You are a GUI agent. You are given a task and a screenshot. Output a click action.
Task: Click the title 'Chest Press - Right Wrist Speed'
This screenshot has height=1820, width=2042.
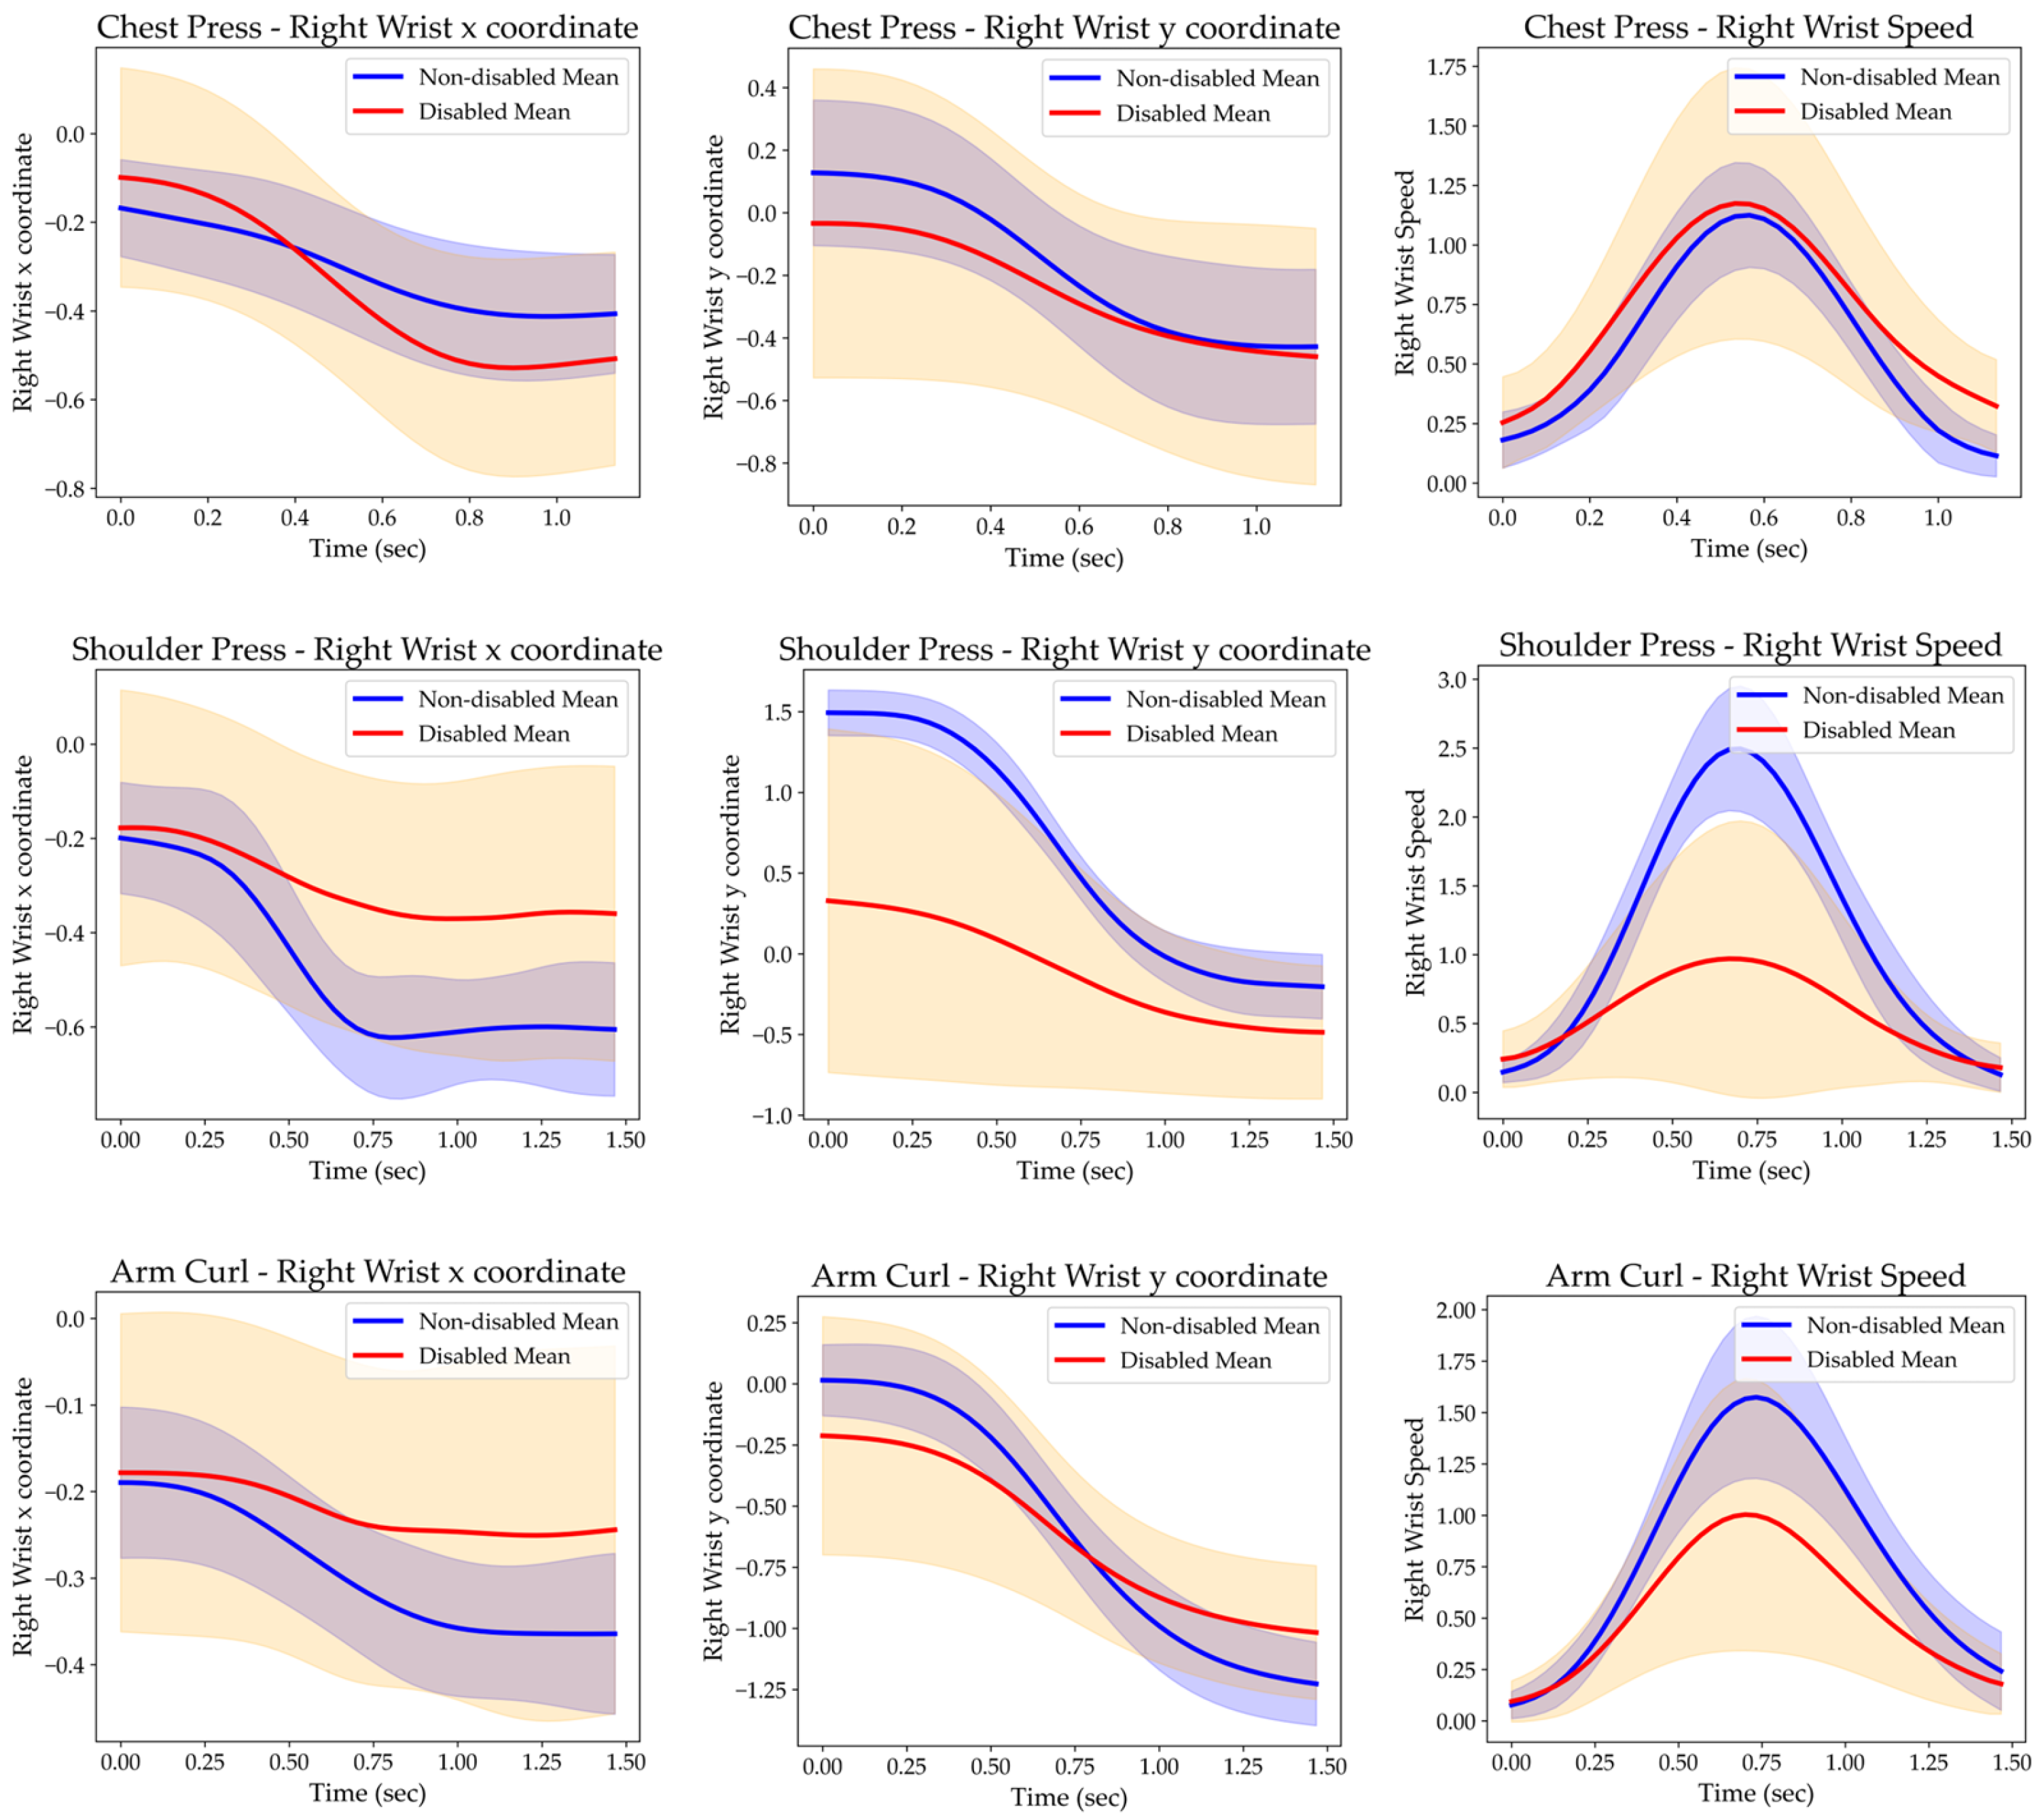pos(1748,27)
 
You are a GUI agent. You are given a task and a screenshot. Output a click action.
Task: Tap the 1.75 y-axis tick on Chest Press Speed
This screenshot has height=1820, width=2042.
pos(1446,67)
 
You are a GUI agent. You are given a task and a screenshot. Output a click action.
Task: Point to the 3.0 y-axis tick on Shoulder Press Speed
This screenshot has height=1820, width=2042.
pos(1451,680)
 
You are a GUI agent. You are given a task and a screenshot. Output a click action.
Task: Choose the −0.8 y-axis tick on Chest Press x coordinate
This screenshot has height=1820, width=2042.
pos(69,489)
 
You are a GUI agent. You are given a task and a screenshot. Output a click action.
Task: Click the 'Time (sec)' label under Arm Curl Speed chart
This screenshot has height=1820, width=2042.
pos(1755,1793)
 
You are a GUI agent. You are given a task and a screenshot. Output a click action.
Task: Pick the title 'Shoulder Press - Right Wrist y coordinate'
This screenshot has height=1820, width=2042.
pos(1074,650)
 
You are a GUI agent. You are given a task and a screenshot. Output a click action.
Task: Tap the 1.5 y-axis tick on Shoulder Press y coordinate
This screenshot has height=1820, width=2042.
pos(777,712)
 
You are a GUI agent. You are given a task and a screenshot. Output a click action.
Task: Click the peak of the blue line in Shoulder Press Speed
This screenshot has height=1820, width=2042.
pos(1737,749)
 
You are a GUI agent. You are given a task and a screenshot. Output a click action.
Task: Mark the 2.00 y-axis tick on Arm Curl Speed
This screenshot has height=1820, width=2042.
pos(1456,1310)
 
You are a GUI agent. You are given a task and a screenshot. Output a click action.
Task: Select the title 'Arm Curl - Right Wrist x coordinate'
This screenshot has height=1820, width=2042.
pos(368,1272)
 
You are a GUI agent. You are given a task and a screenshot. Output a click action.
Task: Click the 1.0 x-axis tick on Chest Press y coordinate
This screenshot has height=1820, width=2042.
pos(1256,526)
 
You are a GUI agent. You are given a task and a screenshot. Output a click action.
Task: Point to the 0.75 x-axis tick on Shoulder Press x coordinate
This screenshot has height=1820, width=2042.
pos(373,1140)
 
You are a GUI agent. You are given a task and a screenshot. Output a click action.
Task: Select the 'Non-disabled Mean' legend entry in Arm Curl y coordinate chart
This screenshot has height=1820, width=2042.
pos(1219,1326)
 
